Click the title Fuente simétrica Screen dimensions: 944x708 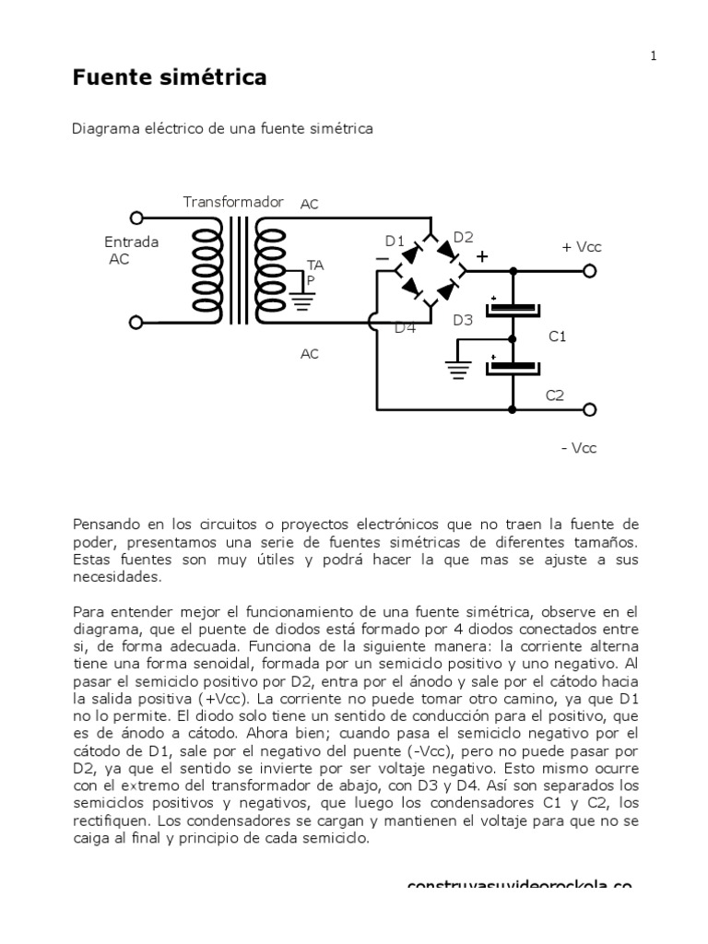tap(170, 78)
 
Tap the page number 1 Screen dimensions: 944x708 tap(654, 56)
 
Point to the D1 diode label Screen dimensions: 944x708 tap(395, 242)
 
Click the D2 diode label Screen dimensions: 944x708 tap(463, 236)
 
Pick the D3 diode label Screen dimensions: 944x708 tap(463, 320)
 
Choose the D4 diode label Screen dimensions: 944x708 tap(406, 327)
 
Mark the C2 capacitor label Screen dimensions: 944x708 tap(554, 395)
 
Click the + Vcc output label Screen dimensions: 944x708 tap(581, 248)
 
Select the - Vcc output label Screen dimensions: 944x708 tap(579, 448)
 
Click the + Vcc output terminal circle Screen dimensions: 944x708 tap(590, 271)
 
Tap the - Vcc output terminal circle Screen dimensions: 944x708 tap(590, 409)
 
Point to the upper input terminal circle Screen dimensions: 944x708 tap(136, 218)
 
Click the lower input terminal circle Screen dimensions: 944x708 tap(136, 323)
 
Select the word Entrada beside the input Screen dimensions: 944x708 tap(131, 242)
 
